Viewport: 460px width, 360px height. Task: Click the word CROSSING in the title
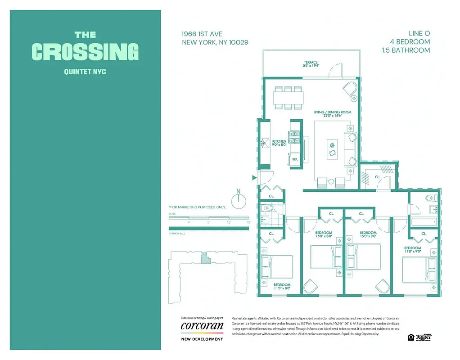[x=85, y=51]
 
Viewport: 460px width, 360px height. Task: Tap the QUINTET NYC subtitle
[x=85, y=71]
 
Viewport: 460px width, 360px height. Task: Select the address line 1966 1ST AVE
[x=202, y=34]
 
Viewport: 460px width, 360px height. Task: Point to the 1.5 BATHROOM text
[x=405, y=50]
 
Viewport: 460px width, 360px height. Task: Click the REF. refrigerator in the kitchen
[x=295, y=160]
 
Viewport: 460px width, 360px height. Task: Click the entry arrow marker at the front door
[x=255, y=178]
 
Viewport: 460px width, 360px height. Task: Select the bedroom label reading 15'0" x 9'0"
[x=368, y=234]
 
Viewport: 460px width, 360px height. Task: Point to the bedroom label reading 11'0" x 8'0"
[x=282, y=287]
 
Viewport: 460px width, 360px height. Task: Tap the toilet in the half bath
[x=269, y=208]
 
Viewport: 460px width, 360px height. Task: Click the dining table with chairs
[x=288, y=97]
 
